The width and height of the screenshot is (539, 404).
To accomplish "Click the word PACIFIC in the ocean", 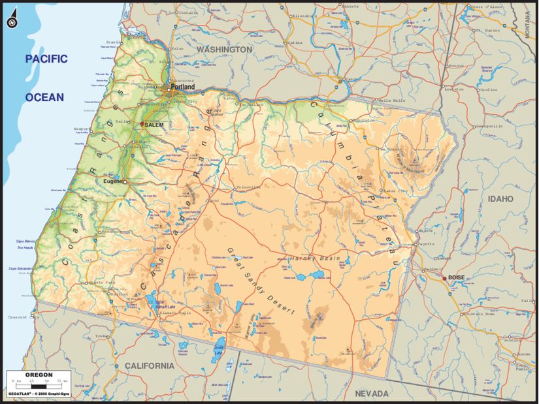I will click(x=46, y=59).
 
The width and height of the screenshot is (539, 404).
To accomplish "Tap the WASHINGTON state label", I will click(x=224, y=50).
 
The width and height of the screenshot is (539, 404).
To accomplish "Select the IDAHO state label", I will click(x=500, y=198).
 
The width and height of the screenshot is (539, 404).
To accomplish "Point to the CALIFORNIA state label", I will click(x=150, y=365).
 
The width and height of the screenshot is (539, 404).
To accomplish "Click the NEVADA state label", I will click(x=371, y=394).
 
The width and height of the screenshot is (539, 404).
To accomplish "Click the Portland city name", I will click(x=182, y=87).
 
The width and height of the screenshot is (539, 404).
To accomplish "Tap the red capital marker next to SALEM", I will click(x=142, y=123).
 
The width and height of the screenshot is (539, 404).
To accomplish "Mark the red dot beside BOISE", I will click(x=445, y=279).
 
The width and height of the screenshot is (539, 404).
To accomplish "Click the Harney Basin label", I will click(x=316, y=258).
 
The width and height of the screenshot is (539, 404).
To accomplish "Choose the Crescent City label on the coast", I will click(x=26, y=317).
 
